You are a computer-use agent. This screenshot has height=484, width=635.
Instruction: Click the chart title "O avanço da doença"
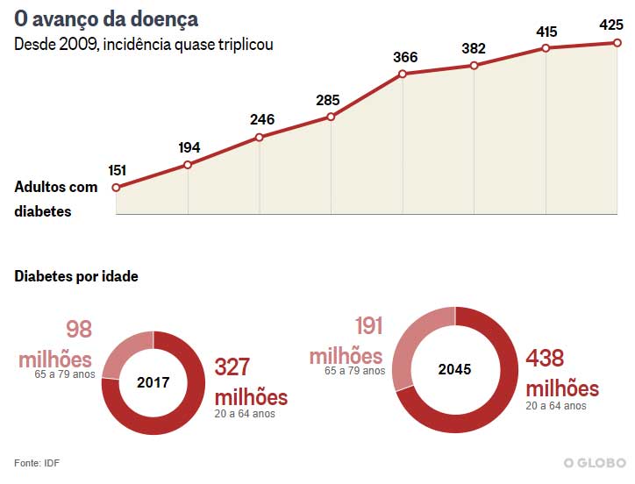pyautogui.click(x=106, y=18)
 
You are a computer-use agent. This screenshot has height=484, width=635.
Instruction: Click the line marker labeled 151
pyautogui.click(x=117, y=187)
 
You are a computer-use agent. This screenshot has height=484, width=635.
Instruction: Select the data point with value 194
pyautogui.click(x=188, y=165)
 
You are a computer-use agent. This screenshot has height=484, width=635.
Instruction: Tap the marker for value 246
pyautogui.click(x=260, y=138)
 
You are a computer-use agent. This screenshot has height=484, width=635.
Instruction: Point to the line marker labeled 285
pyautogui.click(x=332, y=117)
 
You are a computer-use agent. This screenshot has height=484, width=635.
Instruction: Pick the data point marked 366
pyautogui.click(x=403, y=74)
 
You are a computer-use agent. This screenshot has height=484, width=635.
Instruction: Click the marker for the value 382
pyautogui.click(x=474, y=66)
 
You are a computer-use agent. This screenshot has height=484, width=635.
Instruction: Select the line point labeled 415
pyautogui.click(x=546, y=48)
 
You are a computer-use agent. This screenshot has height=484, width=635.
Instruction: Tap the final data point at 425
pyautogui.click(x=618, y=43)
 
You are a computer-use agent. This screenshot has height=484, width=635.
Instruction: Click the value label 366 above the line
pyautogui.click(x=405, y=57)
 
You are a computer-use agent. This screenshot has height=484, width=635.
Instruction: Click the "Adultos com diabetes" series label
pyautogui.click(x=56, y=199)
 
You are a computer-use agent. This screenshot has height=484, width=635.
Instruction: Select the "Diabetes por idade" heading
pyautogui.click(x=76, y=277)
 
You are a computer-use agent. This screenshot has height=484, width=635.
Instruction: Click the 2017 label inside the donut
pyautogui.click(x=153, y=382)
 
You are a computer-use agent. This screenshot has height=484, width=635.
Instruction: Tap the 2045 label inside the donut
pyautogui.click(x=454, y=369)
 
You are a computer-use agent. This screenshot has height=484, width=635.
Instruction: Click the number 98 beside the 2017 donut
pyautogui.click(x=79, y=331)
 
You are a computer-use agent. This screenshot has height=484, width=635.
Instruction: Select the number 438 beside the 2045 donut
pyautogui.click(x=545, y=359)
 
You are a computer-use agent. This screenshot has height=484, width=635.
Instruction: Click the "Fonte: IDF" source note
pyautogui.click(x=37, y=462)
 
